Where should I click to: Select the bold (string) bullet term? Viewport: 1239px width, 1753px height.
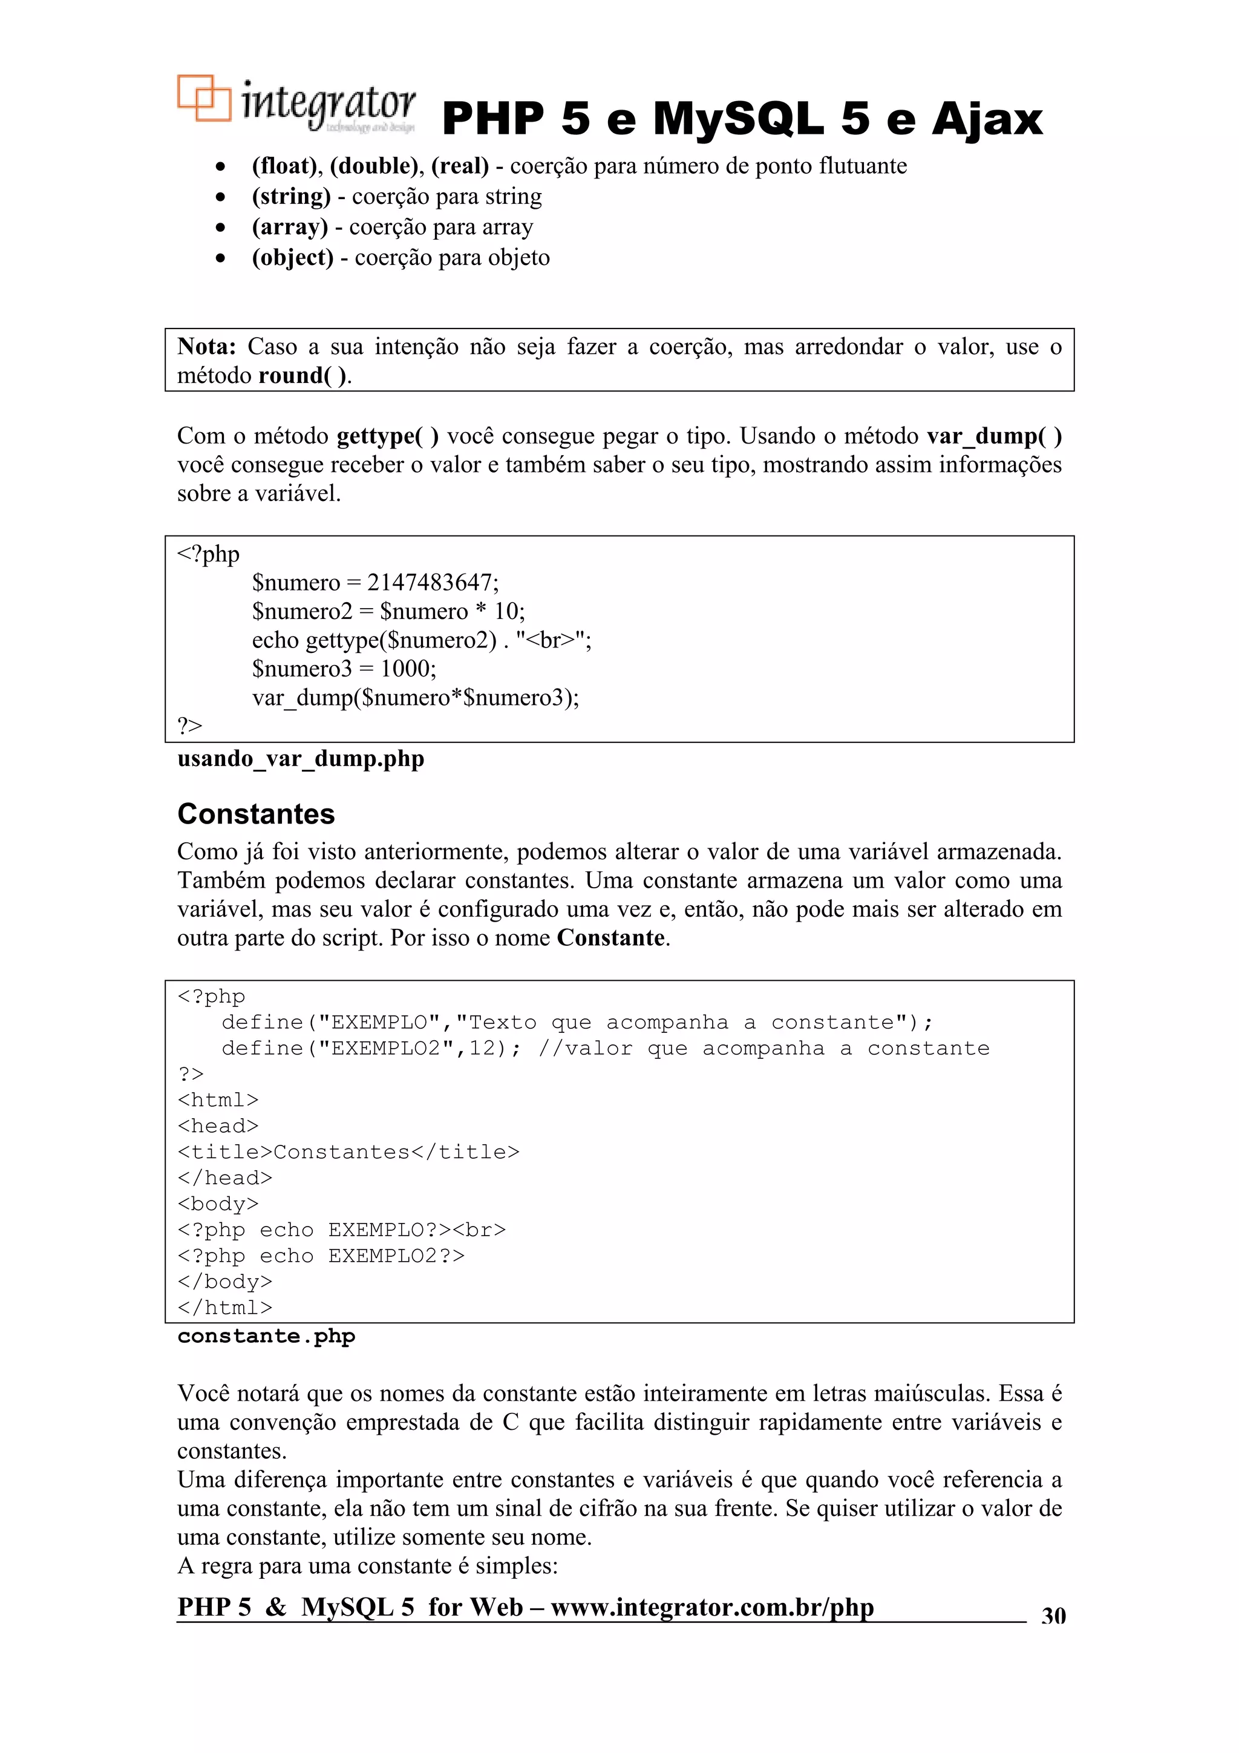(x=291, y=196)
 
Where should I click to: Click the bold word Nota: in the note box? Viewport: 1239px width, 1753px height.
(x=206, y=347)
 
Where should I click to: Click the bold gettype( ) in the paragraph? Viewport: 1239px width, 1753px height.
(x=387, y=436)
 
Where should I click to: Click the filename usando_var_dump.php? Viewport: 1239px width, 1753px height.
(x=300, y=759)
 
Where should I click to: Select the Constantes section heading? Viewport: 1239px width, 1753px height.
(x=256, y=814)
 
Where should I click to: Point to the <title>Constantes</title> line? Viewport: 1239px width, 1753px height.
(x=348, y=1152)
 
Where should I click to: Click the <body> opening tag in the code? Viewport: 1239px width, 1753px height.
(x=218, y=1204)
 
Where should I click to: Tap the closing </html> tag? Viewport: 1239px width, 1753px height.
(x=224, y=1308)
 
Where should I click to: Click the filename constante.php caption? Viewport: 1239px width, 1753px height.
(x=266, y=1336)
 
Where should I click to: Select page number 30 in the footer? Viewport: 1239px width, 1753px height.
(x=1053, y=1616)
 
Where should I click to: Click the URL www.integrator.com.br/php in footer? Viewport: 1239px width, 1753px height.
(x=711, y=1607)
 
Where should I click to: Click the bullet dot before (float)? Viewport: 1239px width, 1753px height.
(x=221, y=166)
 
